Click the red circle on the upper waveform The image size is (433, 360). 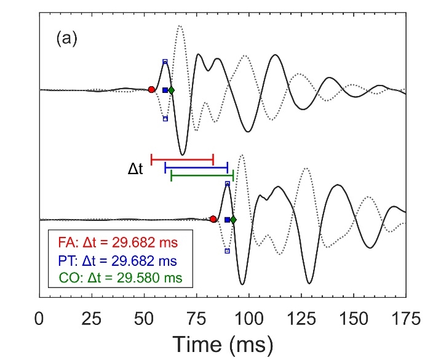pyautogui.click(x=151, y=90)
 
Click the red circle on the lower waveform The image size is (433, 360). pyautogui.click(x=213, y=219)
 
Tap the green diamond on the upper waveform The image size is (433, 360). pyautogui.click(x=171, y=90)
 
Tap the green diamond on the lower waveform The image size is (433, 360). pyautogui.click(x=233, y=220)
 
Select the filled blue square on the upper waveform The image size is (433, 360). pyautogui.click(x=165, y=90)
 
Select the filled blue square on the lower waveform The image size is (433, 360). pyautogui.click(x=227, y=220)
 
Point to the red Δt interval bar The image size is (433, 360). pyautogui.click(x=182, y=159)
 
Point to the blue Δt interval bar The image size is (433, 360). pyautogui.click(x=196, y=167)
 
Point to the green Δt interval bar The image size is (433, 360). pyautogui.click(x=202, y=176)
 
